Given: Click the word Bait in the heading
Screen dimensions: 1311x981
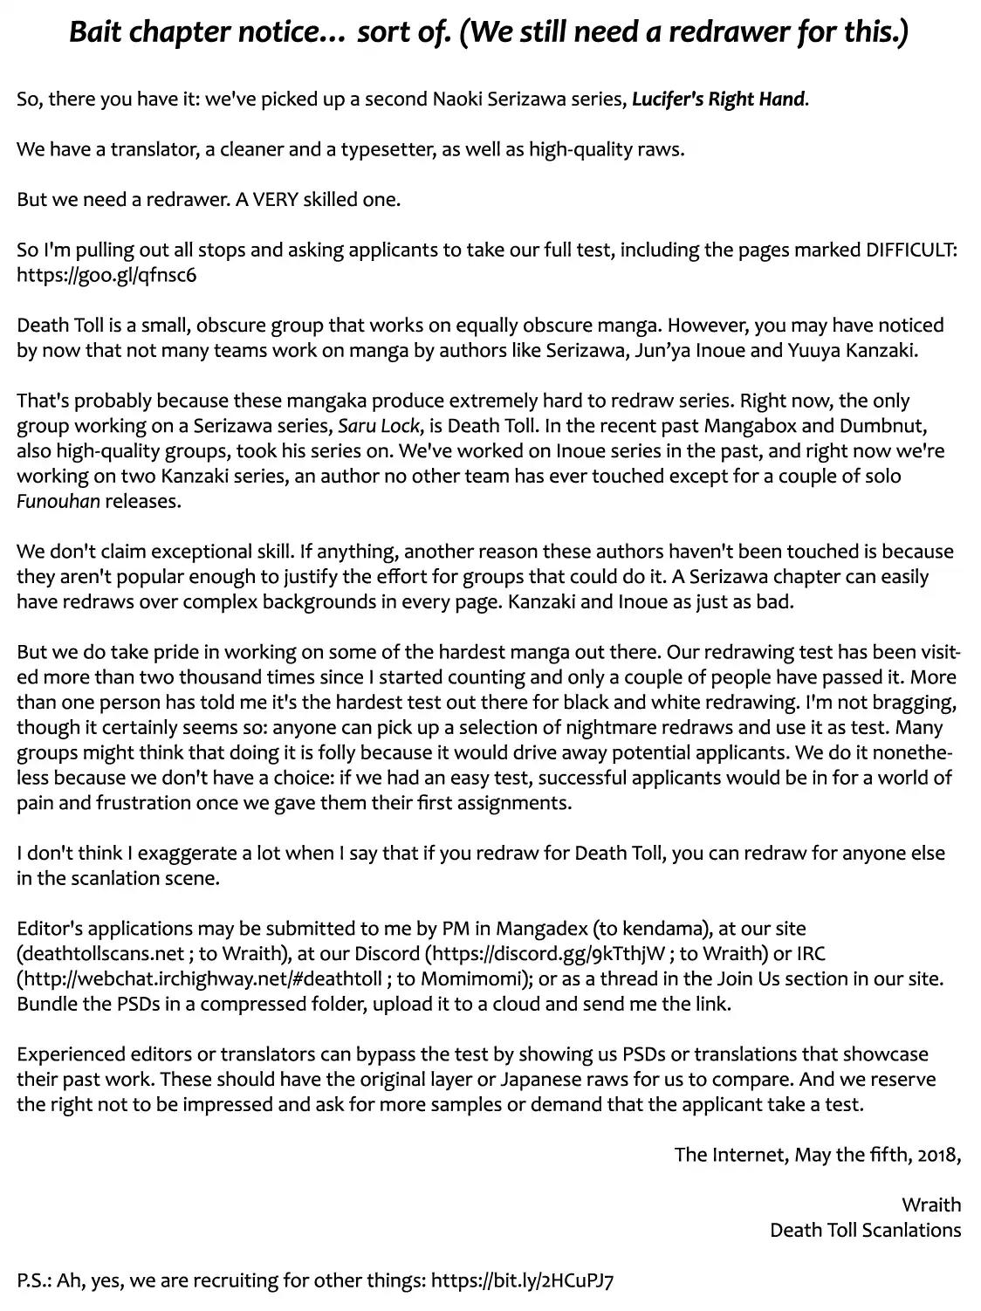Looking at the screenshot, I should [x=96, y=34].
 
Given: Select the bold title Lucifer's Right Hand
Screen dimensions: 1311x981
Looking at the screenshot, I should [x=718, y=100].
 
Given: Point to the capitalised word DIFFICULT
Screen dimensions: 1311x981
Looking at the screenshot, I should [x=911, y=251].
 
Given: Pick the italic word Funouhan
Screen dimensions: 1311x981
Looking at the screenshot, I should [x=58, y=502].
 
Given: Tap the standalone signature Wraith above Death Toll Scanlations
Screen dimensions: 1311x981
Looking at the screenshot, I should [x=931, y=1205].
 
